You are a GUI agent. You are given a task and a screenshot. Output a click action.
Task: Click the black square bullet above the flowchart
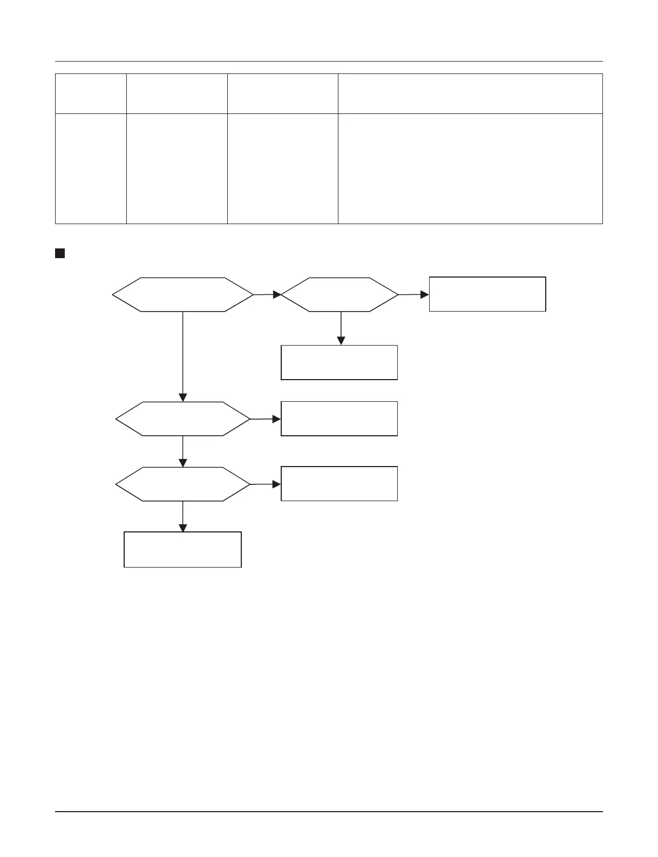coord(59,253)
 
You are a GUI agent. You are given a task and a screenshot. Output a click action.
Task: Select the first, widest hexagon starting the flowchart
coord(182,295)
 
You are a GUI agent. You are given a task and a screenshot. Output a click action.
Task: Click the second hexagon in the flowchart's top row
coord(340,295)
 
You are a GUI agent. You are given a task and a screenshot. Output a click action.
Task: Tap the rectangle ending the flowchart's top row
coord(487,294)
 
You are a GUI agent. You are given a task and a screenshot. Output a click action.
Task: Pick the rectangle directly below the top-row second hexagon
coord(339,362)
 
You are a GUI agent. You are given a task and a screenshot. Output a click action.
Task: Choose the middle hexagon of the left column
coord(182,419)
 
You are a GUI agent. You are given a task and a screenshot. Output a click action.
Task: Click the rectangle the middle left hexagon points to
coord(339,419)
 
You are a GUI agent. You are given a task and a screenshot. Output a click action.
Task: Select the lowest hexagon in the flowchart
coord(182,484)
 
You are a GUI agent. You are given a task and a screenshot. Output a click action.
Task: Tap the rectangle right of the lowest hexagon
coord(339,484)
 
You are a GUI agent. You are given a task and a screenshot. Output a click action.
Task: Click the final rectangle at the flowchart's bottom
coord(182,550)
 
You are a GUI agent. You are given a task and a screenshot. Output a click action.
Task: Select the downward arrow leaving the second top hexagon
coord(341,328)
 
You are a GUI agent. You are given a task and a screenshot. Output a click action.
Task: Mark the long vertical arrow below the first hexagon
coord(183,356)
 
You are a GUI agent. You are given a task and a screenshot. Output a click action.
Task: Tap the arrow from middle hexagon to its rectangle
coord(266,419)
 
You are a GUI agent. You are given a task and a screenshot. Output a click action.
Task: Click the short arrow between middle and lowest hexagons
coord(183,451)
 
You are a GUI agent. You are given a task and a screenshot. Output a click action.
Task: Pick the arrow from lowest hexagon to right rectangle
coord(266,484)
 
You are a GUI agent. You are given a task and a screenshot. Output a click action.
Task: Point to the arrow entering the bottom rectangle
coord(183,517)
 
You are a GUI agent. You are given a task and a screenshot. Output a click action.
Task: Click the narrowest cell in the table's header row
coord(91,93)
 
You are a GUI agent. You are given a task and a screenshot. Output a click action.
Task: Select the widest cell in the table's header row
coord(470,93)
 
